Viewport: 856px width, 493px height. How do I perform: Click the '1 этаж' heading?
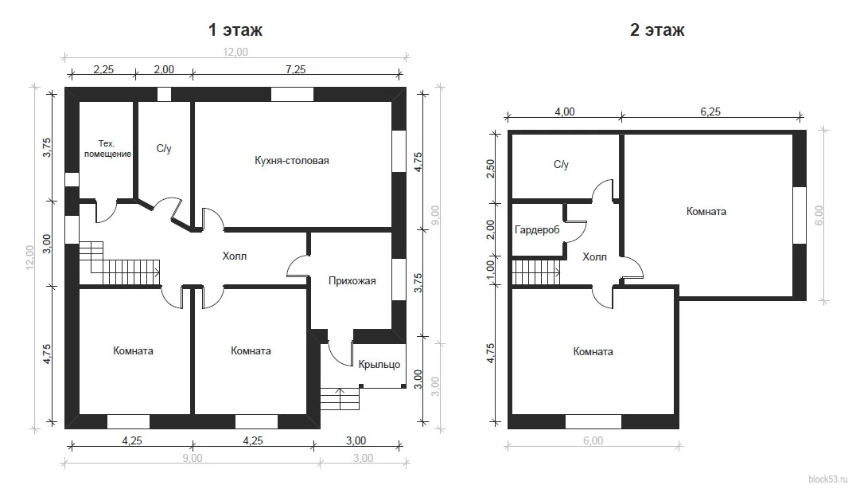pyautogui.click(x=235, y=29)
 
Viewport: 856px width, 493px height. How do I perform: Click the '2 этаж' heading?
pyautogui.click(x=657, y=29)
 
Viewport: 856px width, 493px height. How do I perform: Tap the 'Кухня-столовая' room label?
pyautogui.click(x=291, y=161)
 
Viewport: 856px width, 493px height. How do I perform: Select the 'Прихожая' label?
pyautogui.click(x=352, y=281)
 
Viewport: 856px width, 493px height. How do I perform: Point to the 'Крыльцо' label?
pyautogui.click(x=379, y=365)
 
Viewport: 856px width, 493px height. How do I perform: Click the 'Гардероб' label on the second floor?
pyautogui.click(x=537, y=230)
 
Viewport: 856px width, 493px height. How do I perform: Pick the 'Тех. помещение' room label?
pyautogui.click(x=107, y=149)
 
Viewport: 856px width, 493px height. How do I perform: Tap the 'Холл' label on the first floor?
pyautogui.click(x=235, y=256)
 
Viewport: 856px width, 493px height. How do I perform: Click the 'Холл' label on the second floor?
pyautogui.click(x=594, y=256)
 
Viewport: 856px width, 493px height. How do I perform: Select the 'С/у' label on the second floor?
pyautogui.click(x=561, y=165)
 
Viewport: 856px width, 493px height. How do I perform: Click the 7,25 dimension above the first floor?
pyautogui.click(x=295, y=69)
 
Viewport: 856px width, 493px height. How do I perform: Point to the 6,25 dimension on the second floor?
pyautogui.click(x=710, y=112)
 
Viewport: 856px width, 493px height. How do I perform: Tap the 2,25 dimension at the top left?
pyautogui.click(x=103, y=69)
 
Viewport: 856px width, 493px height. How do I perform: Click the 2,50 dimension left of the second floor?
pyautogui.click(x=490, y=169)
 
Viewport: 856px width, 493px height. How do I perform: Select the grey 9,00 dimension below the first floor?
pyautogui.click(x=192, y=458)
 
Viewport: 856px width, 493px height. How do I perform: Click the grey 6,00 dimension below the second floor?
pyautogui.click(x=593, y=440)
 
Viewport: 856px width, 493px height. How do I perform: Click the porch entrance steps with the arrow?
pyautogui.click(x=340, y=398)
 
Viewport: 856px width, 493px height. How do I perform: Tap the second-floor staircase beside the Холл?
pyautogui.click(x=537, y=272)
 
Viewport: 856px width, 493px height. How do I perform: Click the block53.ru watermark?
pyautogui.click(x=827, y=479)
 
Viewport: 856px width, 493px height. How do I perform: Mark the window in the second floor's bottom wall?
pyautogui.click(x=593, y=421)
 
